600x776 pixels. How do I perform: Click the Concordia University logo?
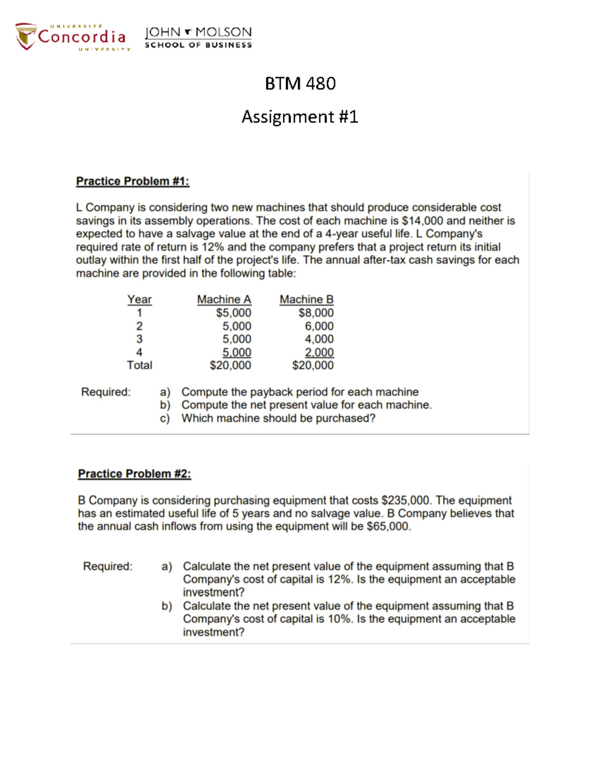point(71,37)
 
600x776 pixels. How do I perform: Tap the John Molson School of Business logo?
point(198,37)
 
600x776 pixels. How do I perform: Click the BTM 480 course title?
point(300,83)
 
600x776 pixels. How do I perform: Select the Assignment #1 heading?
point(299,117)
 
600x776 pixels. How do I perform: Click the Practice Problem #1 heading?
point(132,181)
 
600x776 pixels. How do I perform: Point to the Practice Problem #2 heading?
point(134,474)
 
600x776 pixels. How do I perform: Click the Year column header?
point(139,299)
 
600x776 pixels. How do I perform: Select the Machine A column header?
point(224,299)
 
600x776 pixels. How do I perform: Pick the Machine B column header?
point(306,299)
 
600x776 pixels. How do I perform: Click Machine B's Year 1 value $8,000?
point(316,313)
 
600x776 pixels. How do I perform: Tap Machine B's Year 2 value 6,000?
point(319,326)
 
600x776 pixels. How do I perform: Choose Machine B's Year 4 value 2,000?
point(319,352)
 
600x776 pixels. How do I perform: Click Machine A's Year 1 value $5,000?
point(233,313)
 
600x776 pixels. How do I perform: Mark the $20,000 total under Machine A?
point(230,365)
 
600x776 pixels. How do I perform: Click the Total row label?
point(139,365)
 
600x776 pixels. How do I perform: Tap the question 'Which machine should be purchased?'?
point(278,418)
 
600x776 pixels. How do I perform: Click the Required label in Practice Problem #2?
point(107,566)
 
